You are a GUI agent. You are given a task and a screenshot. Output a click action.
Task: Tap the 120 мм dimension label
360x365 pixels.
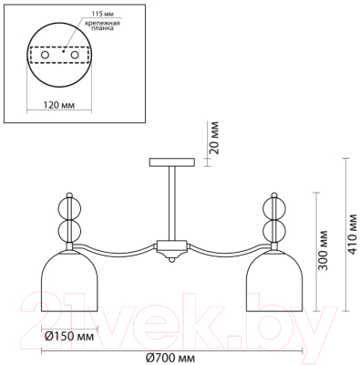pos(59,105)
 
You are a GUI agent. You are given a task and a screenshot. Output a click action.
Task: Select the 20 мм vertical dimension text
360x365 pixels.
pos(214,138)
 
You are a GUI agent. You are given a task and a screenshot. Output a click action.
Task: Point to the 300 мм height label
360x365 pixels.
pos(324,250)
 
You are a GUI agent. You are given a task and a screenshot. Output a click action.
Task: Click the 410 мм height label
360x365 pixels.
pos(354,235)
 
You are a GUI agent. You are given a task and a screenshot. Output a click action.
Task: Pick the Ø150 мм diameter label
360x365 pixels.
pos(69,337)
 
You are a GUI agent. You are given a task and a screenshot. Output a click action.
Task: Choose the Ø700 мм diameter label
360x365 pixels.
pos(170,358)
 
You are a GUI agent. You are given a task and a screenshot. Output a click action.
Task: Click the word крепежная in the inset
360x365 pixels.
pos(103,24)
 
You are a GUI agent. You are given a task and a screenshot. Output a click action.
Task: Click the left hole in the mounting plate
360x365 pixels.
pos(45,56)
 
